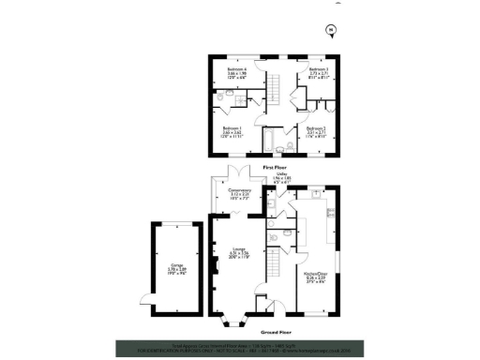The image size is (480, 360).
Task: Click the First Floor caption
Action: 274,166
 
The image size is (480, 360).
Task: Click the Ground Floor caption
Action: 274,330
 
